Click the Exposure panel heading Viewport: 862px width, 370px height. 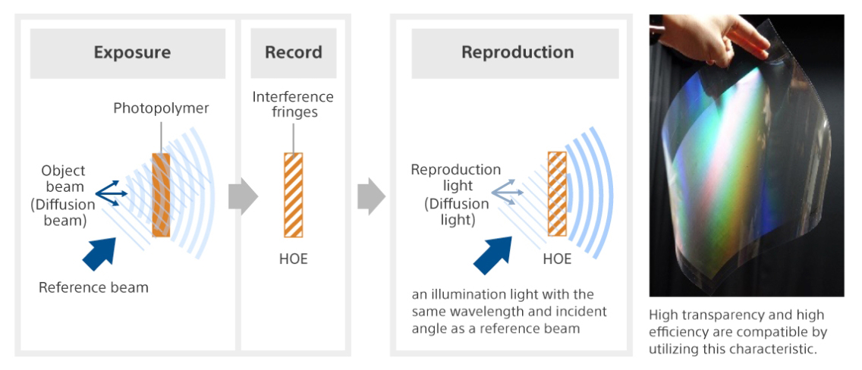point(132,53)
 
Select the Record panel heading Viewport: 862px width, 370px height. point(293,53)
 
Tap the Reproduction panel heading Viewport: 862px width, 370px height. point(517,53)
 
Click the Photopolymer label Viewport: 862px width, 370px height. point(161,108)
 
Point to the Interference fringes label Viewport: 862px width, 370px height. point(293,105)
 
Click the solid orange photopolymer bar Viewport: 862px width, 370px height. point(160,195)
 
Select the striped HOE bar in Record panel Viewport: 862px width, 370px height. point(293,195)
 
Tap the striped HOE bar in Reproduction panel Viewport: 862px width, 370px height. point(558,195)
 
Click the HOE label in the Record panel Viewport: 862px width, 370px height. point(293,259)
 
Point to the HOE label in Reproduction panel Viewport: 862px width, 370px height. point(557,259)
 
